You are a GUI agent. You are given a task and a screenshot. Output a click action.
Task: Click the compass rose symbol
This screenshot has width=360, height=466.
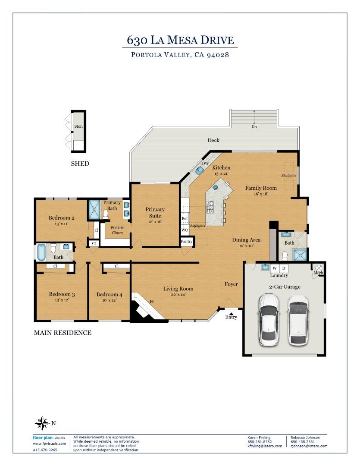[x=42, y=423]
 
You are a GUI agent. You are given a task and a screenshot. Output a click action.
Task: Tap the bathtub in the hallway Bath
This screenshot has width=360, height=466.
[x=41, y=252]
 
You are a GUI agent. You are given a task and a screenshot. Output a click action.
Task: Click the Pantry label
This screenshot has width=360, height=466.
[x=187, y=241]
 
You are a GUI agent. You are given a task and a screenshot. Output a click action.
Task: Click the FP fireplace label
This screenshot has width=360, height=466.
[x=152, y=301]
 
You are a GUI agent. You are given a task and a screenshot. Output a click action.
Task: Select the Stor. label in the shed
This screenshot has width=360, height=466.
[x=78, y=126]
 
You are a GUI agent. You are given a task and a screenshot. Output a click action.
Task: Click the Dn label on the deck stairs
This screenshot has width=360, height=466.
[x=254, y=126]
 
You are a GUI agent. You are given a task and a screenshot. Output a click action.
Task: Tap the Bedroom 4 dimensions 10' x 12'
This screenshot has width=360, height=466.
[x=110, y=300]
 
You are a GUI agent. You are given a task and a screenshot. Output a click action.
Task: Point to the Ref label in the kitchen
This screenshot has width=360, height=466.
[x=185, y=218]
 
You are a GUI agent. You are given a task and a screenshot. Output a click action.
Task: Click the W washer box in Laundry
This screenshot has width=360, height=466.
[x=275, y=268]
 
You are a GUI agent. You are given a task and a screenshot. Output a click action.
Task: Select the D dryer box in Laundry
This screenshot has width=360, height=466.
[x=284, y=268]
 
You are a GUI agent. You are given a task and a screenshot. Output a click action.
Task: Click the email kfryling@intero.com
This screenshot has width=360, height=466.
[x=265, y=446]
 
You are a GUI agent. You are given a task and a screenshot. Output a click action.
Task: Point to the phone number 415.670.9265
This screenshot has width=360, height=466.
[x=45, y=450]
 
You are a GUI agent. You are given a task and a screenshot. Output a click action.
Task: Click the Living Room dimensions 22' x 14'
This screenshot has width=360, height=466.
[x=178, y=295]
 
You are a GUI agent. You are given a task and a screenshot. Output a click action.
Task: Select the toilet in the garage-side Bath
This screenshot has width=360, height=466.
[x=285, y=255]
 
